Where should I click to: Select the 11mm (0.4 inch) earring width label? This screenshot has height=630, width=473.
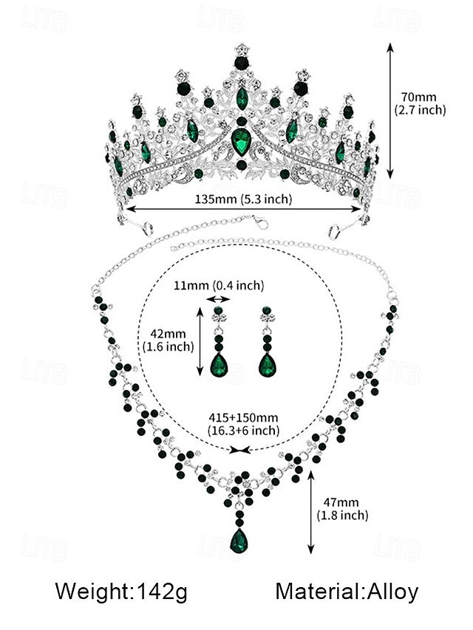pyautogui.click(x=228, y=285)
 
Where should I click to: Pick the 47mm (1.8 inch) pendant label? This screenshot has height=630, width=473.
pyautogui.click(x=342, y=509)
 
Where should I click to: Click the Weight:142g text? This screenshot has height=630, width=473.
pyautogui.click(x=121, y=591)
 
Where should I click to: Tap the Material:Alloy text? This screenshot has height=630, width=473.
pyautogui.click(x=347, y=591)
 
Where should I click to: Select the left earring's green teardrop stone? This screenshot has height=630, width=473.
pyautogui.click(x=218, y=363)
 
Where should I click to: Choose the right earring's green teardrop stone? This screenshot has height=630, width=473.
pyautogui.click(x=267, y=363)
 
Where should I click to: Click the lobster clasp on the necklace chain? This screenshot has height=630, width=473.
pyautogui.click(x=257, y=220)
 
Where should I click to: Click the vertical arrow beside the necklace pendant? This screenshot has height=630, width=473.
pyautogui.click(x=311, y=514)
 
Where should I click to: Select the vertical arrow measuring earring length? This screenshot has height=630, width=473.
pyautogui.click(x=199, y=341)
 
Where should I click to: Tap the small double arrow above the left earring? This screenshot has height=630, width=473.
pyautogui.click(x=217, y=299)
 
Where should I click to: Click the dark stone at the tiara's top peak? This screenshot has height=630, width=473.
pyautogui.click(x=241, y=62)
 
